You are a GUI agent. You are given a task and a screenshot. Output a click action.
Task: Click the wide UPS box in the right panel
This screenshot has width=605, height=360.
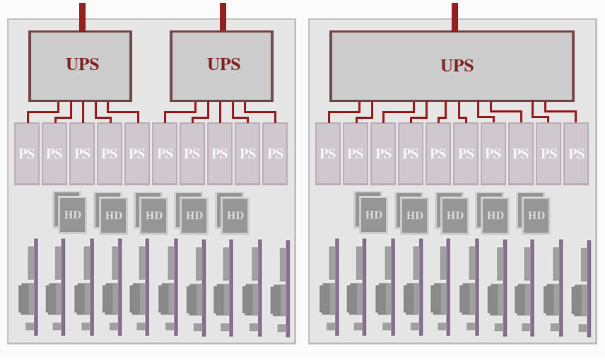tap(452, 66)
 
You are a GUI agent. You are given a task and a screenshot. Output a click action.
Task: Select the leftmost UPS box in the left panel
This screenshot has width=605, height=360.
tap(80, 65)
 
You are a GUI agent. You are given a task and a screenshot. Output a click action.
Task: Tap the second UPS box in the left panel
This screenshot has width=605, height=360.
tap(221, 65)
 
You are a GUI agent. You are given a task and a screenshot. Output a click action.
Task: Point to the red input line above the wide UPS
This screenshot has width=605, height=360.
tap(454, 16)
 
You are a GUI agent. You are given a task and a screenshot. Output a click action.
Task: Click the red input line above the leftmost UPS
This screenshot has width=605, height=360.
tap(82, 16)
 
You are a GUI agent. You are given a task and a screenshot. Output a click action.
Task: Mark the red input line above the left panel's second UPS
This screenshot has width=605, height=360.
tap(223, 16)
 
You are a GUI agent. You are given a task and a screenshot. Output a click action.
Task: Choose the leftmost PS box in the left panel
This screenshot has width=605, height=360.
tap(27, 153)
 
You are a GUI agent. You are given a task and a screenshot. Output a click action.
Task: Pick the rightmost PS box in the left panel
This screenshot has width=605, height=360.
tap(275, 153)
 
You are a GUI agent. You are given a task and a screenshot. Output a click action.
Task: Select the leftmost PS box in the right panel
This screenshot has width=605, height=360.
tap(328, 153)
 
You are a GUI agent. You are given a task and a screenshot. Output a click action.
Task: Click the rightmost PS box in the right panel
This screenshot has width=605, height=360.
tap(576, 153)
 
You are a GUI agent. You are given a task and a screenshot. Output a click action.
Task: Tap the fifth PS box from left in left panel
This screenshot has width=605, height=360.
tap(137, 153)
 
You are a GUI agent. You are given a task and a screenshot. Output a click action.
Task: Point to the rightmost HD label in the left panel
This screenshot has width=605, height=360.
tap(235, 216)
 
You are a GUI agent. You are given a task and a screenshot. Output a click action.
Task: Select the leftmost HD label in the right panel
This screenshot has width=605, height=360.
tap(374, 214)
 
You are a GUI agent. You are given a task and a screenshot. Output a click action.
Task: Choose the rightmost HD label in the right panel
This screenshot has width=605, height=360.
tap(536, 216)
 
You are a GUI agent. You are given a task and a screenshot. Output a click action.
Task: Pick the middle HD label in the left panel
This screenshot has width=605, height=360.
tap(154, 216)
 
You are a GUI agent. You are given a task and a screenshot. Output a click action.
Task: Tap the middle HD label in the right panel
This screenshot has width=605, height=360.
tap(455, 216)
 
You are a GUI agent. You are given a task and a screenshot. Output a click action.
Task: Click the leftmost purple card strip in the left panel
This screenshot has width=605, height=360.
tap(35, 286)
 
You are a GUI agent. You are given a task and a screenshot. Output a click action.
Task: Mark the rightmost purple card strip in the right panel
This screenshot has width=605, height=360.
tap(589, 289)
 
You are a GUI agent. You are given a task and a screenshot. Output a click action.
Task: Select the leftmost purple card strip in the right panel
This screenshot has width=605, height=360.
tap(336, 286)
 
